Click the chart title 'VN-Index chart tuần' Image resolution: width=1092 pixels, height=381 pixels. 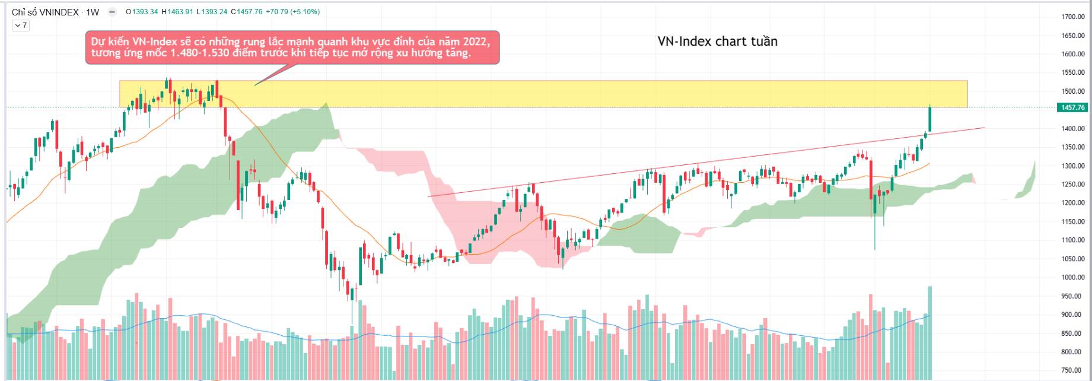click(x=717, y=42)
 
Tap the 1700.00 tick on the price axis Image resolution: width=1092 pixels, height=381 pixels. click(x=1072, y=17)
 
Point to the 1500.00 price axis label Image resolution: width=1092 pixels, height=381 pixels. click(x=1072, y=91)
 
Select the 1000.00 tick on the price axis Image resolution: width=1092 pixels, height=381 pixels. click(x=1072, y=278)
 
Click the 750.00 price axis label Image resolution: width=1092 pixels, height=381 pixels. click(x=1074, y=371)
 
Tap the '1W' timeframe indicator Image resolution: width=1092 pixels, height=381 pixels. click(x=93, y=12)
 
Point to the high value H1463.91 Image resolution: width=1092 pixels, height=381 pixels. click(x=178, y=12)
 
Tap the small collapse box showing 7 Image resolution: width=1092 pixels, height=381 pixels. click(x=21, y=26)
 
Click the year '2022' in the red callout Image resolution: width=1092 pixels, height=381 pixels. click(x=477, y=42)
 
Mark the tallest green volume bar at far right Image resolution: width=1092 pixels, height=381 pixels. click(x=929, y=332)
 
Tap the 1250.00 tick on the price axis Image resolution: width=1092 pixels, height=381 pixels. click(x=1072, y=185)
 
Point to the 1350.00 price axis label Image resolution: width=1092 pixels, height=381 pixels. click(x=1072, y=147)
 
